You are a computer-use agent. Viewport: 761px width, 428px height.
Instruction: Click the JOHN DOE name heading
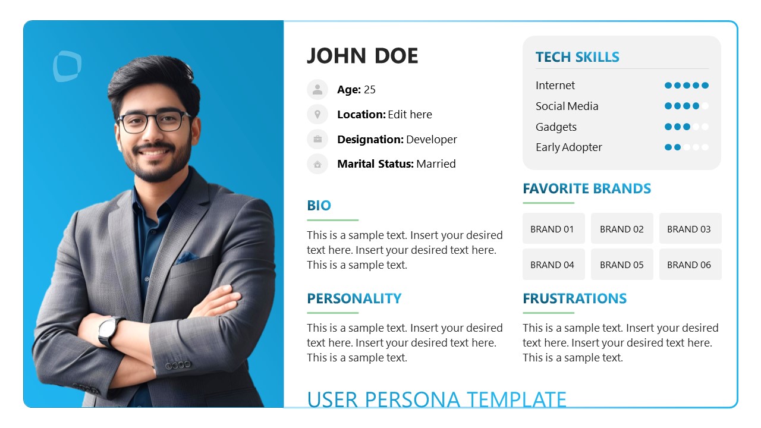(x=363, y=56)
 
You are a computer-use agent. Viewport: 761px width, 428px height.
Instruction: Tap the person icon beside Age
(x=317, y=90)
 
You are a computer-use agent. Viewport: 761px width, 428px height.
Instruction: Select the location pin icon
(x=317, y=114)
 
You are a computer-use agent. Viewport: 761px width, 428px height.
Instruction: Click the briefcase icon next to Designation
(x=317, y=139)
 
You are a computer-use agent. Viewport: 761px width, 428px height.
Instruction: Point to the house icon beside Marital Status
(x=317, y=164)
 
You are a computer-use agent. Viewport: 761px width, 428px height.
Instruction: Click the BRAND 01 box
(x=553, y=229)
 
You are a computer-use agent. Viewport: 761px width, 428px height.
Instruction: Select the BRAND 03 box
(x=690, y=229)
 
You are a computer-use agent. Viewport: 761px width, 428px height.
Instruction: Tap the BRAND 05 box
(x=622, y=265)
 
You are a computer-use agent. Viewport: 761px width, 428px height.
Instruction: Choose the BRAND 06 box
(x=690, y=265)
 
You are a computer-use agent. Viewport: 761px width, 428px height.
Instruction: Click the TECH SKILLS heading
(x=577, y=57)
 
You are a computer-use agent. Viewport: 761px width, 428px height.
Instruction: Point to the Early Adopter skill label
(x=569, y=147)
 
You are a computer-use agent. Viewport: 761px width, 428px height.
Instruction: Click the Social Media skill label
(x=567, y=106)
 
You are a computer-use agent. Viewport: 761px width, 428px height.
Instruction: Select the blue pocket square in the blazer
(x=186, y=257)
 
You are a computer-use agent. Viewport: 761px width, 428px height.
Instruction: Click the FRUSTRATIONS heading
(x=574, y=298)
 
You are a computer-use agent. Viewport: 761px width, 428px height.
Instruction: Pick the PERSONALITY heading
(x=354, y=298)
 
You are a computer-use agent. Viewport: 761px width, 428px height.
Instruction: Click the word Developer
(x=432, y=140)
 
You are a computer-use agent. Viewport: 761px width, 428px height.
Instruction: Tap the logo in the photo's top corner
(x=67, y=66)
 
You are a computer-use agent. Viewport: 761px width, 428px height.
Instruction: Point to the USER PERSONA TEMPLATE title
(x=437, y=399)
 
